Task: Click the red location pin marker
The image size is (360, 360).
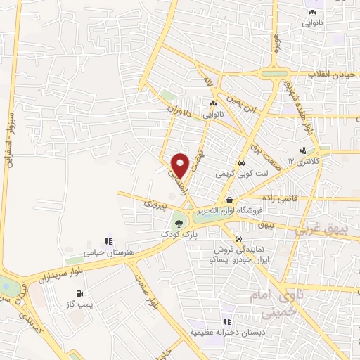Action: tap(181, 165)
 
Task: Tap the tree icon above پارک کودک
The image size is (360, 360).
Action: tap(179, 223)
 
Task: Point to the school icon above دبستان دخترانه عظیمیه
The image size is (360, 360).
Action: tap(227, 321)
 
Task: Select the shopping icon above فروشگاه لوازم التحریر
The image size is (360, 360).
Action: tap(229, 200)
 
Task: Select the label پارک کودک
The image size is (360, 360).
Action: tap(174, 233)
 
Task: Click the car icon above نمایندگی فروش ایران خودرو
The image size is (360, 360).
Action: tap(240, 238)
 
